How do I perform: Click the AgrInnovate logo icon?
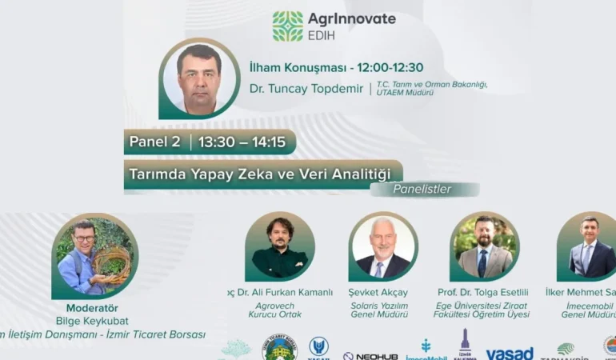click(x=288, y=26)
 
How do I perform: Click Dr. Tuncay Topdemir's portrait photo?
click(x=199, y=78)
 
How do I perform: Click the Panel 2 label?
click(x=155, y=142)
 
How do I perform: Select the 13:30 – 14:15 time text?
click(x=242, y=142)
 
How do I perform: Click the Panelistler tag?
click(x=422, y=190)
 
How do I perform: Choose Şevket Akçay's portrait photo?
click(x=383, y=246)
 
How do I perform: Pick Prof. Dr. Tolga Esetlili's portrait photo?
click(x=484, y=246)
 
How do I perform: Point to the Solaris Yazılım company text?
click(x=379, y=305)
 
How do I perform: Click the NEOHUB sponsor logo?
click(x=370, y=356)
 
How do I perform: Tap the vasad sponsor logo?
click(x=510, y=354)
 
